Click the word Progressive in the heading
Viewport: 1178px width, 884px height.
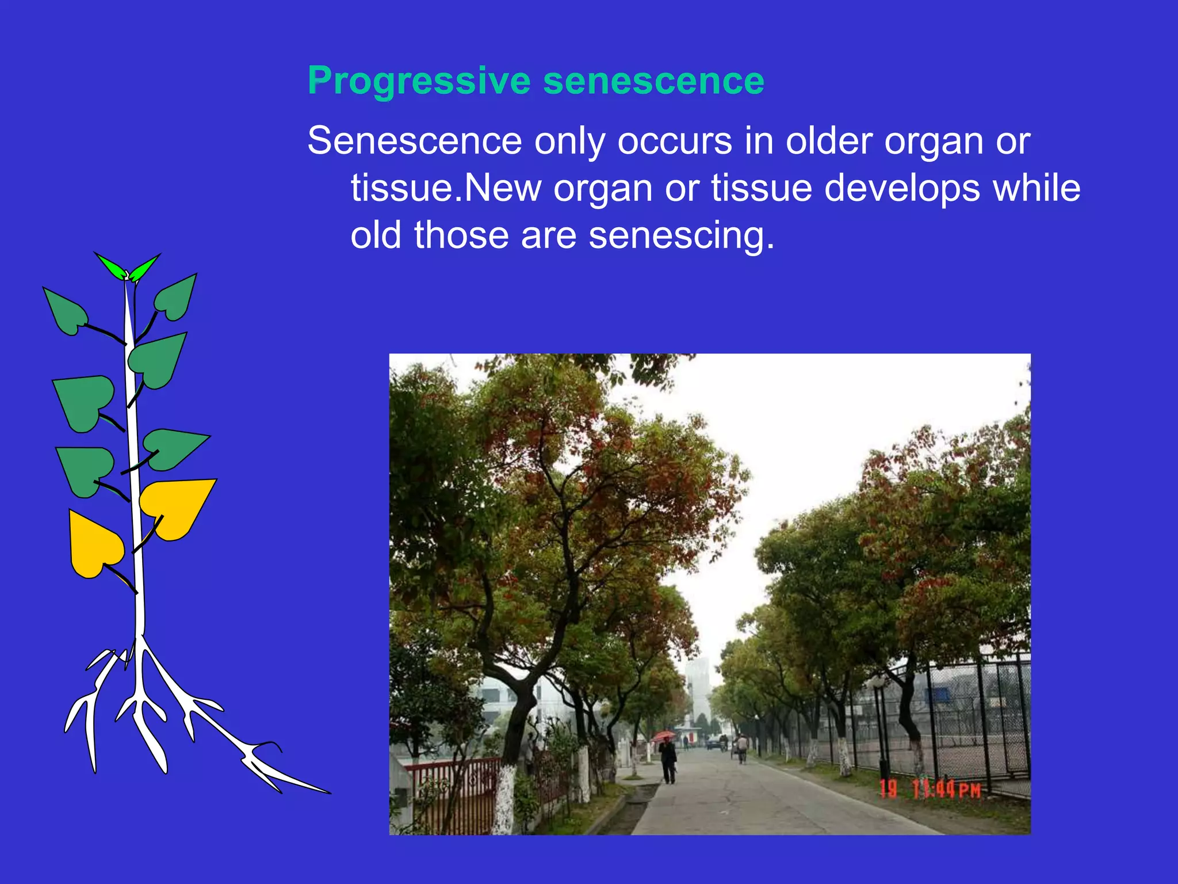pos(419,81)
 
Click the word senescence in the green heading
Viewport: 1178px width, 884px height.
pos(653,81)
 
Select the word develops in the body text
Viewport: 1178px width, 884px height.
pos(902,188)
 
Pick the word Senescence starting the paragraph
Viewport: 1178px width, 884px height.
pos(415,141)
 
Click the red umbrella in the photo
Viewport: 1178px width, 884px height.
pos(663,736)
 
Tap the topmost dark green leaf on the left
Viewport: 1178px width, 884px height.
pos(65,311)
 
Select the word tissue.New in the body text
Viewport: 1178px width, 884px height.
pos(446,188)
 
